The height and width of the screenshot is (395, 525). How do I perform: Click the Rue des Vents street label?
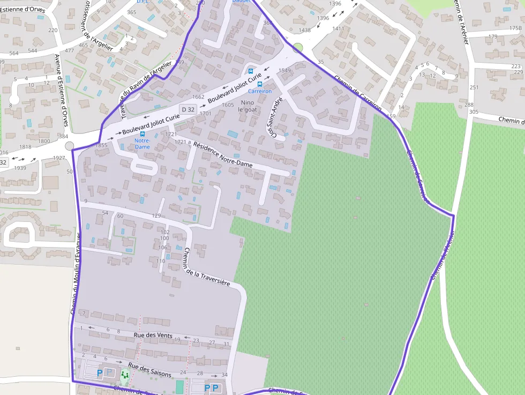click(152, 336)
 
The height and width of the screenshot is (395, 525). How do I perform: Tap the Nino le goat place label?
click(247, 106)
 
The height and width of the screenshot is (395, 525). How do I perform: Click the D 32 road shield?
click(187, 109)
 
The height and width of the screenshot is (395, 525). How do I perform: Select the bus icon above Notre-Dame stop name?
click(142, 134)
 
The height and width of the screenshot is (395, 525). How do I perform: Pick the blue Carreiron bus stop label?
click(260, 91)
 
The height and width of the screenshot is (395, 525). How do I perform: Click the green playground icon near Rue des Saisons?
click(125, 375)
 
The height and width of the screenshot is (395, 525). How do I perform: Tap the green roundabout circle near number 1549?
click(298, 48)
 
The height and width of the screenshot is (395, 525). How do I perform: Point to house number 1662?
click(198, 97)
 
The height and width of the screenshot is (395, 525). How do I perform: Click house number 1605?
click(228, 105)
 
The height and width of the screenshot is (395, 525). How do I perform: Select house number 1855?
click(101, 145)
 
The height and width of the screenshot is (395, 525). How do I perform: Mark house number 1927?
click(59, 158)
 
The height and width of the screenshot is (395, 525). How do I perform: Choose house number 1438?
click(304, 31)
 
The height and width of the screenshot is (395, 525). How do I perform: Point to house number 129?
click(156, 215)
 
